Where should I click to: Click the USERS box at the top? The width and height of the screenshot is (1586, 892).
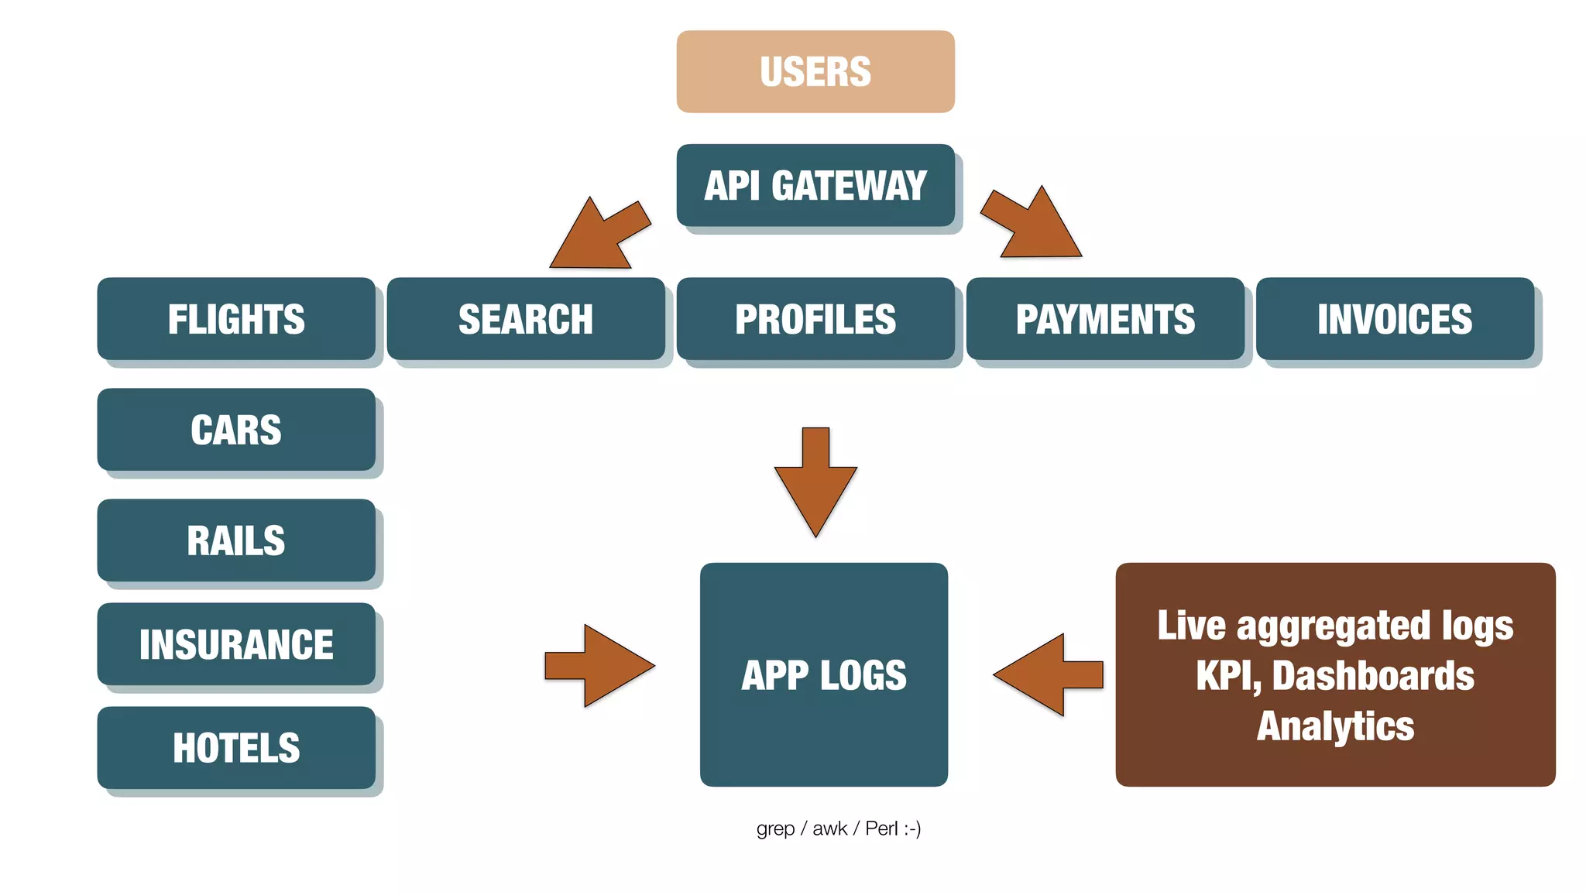(815, 71)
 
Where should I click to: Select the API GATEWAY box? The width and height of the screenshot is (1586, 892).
(815, 185)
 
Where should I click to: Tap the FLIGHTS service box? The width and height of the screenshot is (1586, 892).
(236, 318)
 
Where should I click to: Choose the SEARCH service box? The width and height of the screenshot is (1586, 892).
(526, 318)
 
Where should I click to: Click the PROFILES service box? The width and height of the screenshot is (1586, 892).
(815, 318)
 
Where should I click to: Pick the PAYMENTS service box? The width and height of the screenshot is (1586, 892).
(1105, 318)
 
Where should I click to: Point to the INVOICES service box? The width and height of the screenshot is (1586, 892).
(1395, 318)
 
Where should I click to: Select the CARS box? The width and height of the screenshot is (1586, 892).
(236, 429)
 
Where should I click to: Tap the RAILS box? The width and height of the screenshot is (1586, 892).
(236, 540)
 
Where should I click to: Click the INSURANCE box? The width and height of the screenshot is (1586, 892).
(236, 643)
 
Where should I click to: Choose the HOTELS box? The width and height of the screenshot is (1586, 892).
(236, 747)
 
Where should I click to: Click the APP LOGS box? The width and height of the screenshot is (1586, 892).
(823, 674)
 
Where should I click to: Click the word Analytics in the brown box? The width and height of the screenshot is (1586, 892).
(1335, 726)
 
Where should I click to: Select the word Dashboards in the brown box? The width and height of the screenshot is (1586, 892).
(1373, 676)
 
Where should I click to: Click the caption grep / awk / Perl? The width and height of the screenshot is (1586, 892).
(838, 829)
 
